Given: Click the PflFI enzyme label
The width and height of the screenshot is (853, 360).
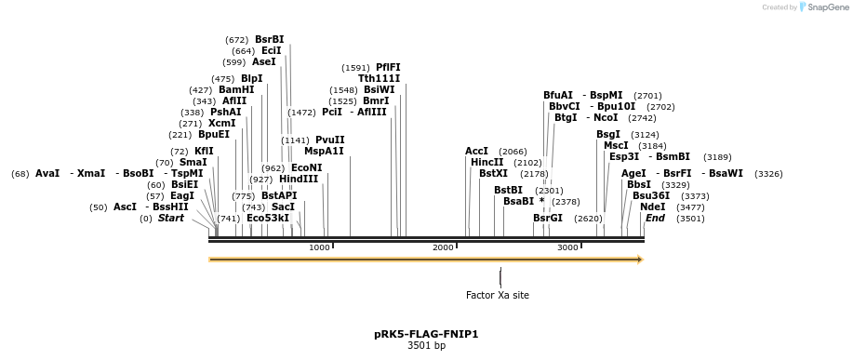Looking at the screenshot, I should coord(388,68).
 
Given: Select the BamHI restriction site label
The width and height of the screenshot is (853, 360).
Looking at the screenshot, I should coord(236,90).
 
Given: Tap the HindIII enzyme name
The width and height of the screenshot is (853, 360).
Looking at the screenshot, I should coord(299,180).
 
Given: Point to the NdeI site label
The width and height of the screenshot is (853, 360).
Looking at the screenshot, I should coord(653,207).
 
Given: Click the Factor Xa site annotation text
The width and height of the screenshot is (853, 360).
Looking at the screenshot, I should coord(498,296).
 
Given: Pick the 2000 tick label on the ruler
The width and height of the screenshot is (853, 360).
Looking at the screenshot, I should coord(443,247).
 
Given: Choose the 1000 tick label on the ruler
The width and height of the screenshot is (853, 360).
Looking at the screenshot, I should coord(319,247).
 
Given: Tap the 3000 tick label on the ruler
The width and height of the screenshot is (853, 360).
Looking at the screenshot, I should coord(567,247).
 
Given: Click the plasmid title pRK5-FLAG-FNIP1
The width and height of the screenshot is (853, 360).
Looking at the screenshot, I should coord(426,334).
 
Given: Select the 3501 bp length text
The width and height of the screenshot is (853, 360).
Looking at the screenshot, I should coord(426,346).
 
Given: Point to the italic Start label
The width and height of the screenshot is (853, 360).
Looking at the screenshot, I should coord(171,219).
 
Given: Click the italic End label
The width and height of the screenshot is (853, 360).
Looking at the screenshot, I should coord(656,219).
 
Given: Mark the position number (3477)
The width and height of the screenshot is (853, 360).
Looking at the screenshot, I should coord(691,207).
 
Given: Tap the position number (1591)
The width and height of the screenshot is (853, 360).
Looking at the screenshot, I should coord(356,68).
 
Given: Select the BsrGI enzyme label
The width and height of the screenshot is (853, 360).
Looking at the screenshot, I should coord(548,219).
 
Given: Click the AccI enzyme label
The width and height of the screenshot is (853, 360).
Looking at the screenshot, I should coord(477,152).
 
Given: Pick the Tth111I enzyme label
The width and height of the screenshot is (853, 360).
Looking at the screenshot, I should coord(380,79).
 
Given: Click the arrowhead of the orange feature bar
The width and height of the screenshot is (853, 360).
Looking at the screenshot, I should coord(639,260).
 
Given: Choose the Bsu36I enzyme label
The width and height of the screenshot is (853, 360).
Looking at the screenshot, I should coord(651,196).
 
